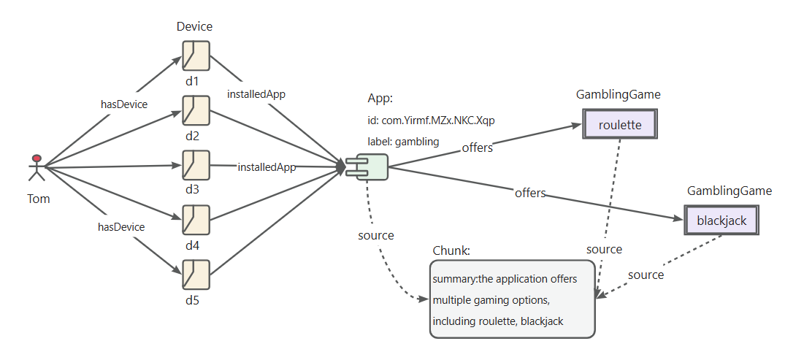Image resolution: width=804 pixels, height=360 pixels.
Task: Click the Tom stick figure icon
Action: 37,167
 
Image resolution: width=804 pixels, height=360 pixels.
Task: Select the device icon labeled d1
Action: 196,55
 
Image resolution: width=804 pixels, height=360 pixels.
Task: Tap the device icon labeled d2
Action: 196,110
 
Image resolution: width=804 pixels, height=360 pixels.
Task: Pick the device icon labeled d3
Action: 196,165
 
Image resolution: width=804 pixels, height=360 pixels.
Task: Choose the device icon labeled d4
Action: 196,220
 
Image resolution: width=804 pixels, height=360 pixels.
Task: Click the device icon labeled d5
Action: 196,275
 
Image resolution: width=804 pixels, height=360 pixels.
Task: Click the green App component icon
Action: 367,167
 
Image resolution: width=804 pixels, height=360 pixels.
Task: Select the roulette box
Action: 620,123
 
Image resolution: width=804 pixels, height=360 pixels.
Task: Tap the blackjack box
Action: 721,221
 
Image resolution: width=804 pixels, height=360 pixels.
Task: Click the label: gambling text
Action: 403,142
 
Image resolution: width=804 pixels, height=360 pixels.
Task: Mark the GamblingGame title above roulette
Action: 618,94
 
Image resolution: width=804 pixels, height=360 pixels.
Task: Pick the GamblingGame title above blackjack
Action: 729,191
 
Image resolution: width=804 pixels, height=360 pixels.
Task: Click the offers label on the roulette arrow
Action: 478,148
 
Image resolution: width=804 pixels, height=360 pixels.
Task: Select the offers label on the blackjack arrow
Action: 530,193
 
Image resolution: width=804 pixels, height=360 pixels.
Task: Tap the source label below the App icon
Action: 376,235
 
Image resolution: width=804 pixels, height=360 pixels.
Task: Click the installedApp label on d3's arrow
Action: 267,167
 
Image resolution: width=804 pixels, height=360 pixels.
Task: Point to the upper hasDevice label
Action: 124,104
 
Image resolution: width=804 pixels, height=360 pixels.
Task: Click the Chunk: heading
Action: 451,250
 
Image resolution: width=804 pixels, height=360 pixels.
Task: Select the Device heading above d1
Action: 194,26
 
